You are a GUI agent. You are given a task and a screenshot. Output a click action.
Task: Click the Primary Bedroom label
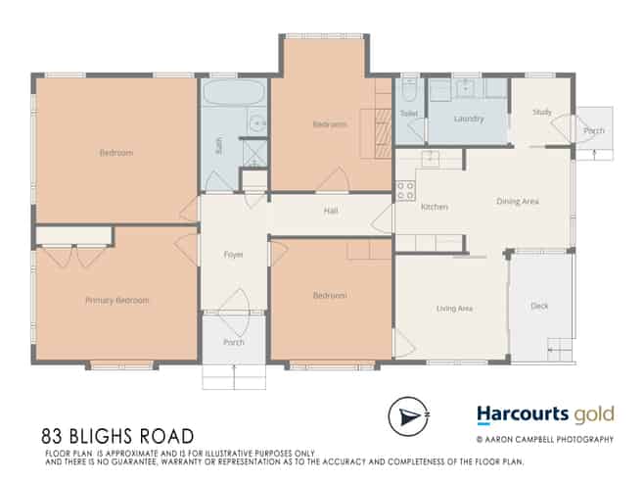tap(117, 300)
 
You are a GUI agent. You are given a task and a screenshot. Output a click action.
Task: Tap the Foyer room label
tap(233, 255)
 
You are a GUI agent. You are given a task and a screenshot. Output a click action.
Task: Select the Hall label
tap(331, 211)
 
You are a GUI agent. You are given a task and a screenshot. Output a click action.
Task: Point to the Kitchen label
tap(434, 208)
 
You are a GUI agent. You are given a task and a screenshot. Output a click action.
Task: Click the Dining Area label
tap(518, 202)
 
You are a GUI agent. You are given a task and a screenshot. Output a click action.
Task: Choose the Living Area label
tap(454, 308)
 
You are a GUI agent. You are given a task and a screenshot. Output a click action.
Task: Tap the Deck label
tap(539, 306)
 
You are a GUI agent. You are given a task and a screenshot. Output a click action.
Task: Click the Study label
tap(541, 112)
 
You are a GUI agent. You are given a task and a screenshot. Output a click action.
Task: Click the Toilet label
tap(409, 114)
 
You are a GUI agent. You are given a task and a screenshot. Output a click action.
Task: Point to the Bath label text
tap(218, 146)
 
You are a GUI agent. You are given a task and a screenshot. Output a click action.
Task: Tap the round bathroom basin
tap(257, 123)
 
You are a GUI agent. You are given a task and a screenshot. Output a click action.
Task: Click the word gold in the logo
tap(592, 415)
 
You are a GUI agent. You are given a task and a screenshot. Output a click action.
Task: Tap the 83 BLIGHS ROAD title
tap(118, 435)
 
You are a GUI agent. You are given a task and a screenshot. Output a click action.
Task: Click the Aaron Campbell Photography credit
tap(545, 440)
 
